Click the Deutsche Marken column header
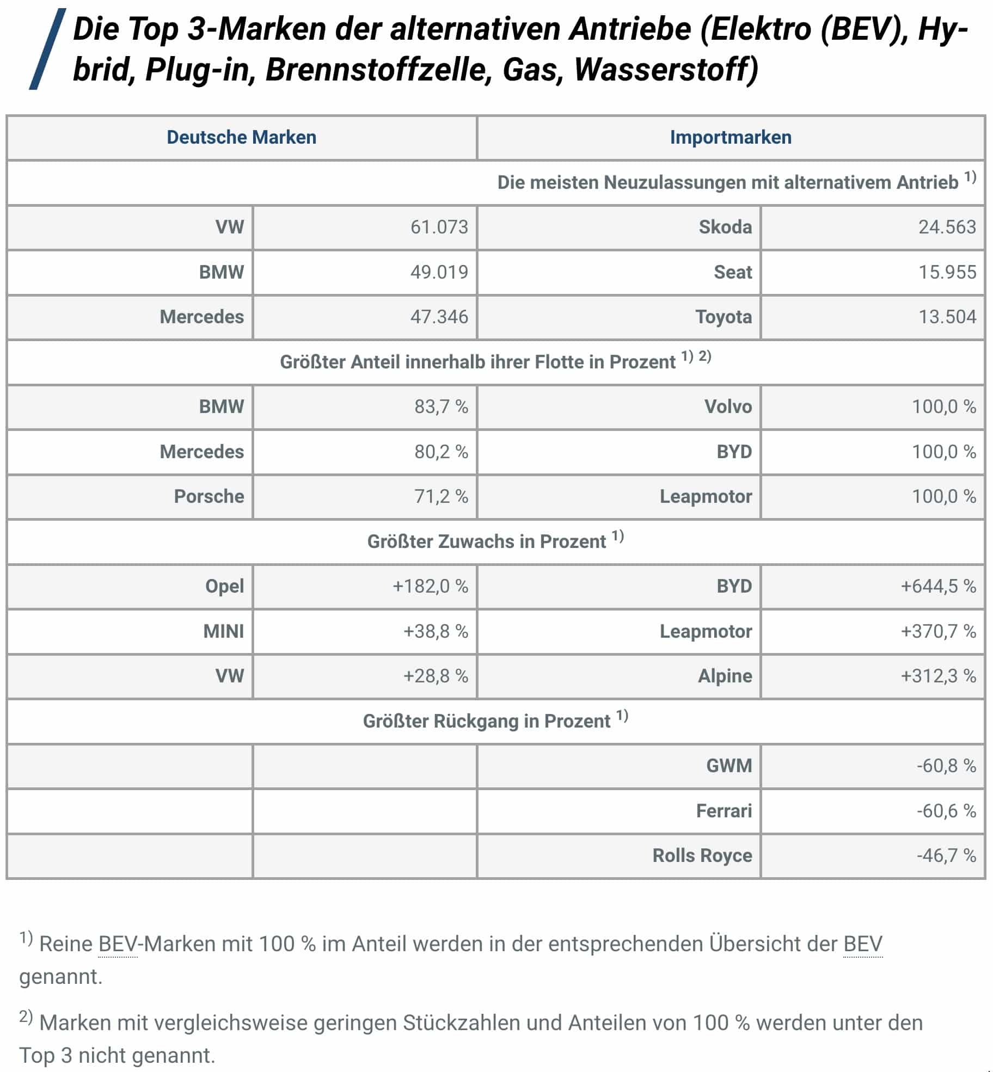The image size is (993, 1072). tap(241, 137)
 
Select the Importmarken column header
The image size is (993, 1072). tap(730, 137)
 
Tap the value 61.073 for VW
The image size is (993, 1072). tap(439, 227)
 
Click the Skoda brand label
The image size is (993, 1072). tap(725, 227)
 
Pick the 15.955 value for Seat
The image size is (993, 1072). tap(947, 272)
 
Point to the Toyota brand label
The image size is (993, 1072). tap(724, 317)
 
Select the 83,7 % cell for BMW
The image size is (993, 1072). tap(441, 406)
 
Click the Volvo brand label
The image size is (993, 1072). tap(728, 406)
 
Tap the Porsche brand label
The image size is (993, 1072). tap(209, 496)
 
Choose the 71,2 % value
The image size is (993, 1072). tap(441, 496)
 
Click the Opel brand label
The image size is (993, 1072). tap(224, 586)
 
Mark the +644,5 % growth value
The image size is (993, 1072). tap(938, 586)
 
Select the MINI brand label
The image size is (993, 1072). tap(223, 631)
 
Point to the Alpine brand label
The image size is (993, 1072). tap(725, 676)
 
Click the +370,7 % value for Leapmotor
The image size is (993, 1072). tap(938, 631)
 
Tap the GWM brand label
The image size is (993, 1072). tap(729, 766)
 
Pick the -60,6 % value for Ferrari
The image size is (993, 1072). tap(946, 811)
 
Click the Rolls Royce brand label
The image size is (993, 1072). tap(702, 855)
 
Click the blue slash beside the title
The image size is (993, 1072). tap(47, 49)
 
